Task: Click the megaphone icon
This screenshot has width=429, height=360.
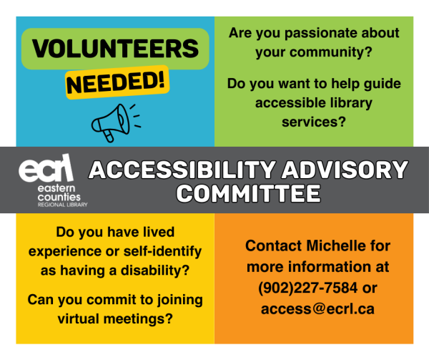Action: point(116,122)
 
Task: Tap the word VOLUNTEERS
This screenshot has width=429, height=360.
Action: point(115,49)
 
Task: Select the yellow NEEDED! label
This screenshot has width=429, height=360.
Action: point(117,82)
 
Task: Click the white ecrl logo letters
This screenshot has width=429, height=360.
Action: point(46,168)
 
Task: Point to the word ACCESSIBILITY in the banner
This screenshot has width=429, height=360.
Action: point(182,170)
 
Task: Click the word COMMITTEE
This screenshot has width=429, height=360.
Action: point(248,193)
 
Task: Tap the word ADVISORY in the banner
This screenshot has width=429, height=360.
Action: point(345,170)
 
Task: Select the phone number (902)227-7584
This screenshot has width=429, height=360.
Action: point(307,288)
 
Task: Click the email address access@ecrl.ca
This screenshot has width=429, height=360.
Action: point(317,309)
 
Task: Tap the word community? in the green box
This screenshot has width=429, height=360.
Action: point(331,52)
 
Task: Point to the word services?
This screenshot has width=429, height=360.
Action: point(314,122)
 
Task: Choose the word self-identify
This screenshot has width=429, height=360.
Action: point(162,252)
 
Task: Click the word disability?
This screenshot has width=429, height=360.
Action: point(155,271)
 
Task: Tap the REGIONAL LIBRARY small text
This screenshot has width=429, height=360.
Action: point(63,205)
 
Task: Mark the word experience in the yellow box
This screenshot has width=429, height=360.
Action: point(65,252)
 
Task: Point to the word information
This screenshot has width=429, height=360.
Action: point(330,267)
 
